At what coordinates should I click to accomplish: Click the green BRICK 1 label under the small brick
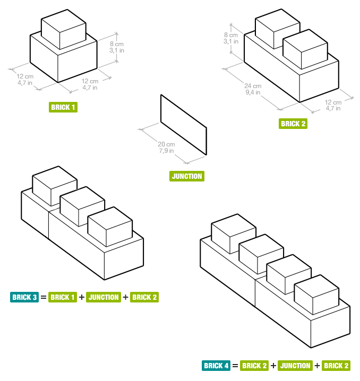(63, 107)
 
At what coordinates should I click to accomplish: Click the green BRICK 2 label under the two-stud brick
(293, 124)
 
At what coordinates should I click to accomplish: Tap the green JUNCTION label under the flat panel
(187, 176)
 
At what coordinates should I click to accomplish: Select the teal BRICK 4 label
(216, 366)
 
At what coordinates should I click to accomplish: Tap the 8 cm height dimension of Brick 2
(231, 37)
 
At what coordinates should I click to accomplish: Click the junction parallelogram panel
(183, 124)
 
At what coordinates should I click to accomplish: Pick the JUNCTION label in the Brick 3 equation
(103, 297)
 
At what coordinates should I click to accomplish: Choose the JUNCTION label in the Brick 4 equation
(295, 366)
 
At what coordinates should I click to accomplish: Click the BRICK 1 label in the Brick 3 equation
(63, 297)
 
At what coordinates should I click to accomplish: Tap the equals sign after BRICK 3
(44, 297)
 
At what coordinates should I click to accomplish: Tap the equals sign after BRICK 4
(235, 366)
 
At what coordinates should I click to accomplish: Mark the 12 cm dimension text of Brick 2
(333, 105)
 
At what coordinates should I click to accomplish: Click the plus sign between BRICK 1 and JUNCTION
(82, 297)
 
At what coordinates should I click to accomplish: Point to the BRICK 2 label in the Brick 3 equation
(144, 297)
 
